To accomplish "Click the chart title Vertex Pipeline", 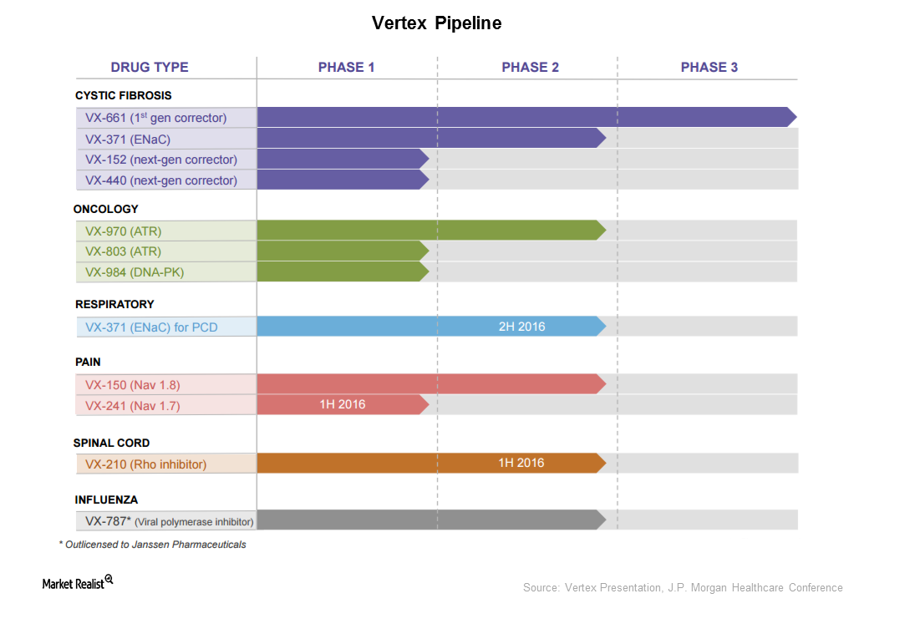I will click(436, 23).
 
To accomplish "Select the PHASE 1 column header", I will click(346, 68).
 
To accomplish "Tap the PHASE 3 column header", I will click(709, 68).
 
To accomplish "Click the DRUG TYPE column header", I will click(150, 68).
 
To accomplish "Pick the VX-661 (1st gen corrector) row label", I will click(155, 118).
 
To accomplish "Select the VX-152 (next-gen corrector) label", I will click(160, 160).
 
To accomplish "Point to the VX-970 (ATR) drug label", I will click(123, 231).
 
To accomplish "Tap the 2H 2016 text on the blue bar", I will click(521, 327).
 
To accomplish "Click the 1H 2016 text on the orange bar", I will click(521, 463).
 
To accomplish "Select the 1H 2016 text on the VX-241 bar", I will click(342, 404).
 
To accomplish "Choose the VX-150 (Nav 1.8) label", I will click(132, 385).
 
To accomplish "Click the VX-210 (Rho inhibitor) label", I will click(145, 464).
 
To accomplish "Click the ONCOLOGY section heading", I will click(106, 209).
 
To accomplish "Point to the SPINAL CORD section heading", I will click(113, 443).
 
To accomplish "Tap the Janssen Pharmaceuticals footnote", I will click(152, 545).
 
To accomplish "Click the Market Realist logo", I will click(78, 583).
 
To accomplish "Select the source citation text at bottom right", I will click(683, 588).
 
